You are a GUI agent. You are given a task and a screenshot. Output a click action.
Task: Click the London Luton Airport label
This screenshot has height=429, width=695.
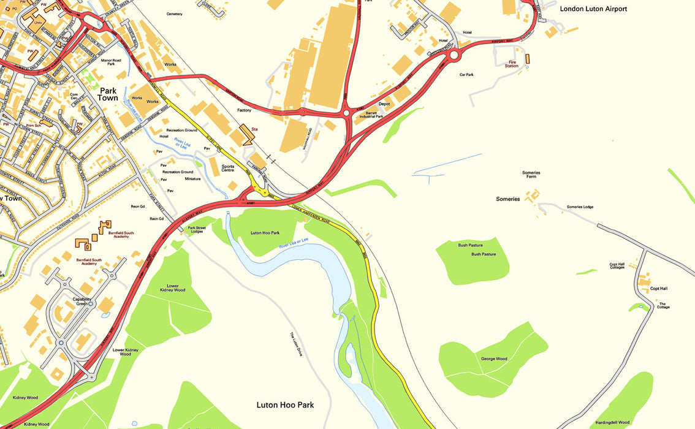click(594, 9)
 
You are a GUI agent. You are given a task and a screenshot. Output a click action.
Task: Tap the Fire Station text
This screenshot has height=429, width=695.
click(512, 64)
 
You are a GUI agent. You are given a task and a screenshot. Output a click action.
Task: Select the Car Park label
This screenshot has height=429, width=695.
click(466, 75)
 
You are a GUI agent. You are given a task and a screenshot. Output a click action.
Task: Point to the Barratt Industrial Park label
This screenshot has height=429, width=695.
click(374, 115)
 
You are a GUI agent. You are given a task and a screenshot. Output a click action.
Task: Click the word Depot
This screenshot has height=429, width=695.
click(384, 104)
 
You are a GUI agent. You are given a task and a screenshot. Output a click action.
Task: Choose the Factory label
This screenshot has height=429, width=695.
click(245, 110)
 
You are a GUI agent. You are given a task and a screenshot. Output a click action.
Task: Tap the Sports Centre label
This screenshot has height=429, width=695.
click(228, 168)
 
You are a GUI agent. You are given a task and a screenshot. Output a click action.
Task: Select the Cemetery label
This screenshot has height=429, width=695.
click(175, 13)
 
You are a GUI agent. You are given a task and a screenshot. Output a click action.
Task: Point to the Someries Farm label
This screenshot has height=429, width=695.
click(531, 175)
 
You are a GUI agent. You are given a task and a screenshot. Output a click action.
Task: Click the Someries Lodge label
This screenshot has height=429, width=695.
click(580, 207)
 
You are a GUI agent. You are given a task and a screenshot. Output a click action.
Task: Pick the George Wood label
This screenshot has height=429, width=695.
click(493, 359)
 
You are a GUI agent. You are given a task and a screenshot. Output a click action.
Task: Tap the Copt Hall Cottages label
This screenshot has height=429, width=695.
click(617, 267)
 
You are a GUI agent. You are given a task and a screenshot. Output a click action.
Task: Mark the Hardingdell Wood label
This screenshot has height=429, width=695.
click(612, 422)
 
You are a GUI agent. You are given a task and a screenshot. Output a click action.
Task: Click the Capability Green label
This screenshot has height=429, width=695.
click(83, 302)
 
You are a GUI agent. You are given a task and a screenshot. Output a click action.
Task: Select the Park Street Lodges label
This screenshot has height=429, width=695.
click(197, 229)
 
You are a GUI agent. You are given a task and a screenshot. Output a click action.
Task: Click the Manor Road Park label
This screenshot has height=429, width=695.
click(111, 63)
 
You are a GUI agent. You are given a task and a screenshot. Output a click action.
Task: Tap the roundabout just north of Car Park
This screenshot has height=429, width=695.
click(454, 56)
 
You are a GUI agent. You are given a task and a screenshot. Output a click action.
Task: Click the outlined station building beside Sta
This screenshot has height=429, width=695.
click(247, 135)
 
